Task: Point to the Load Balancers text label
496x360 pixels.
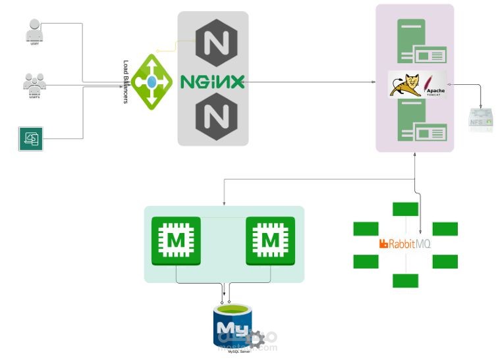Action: click(x=126, y=82)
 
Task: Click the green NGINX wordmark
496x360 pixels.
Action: click(x=213, y=82)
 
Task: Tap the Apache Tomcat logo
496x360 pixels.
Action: click(x=417, y=85)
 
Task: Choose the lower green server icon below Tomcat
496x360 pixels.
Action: click(x=415, y=125)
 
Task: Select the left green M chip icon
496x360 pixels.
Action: click(x=176, y=241)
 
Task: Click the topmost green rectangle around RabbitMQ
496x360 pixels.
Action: click(x=405, y=209)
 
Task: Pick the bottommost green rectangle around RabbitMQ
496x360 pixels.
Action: click(x=405, y=280)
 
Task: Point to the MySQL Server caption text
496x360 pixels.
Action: click(x=240, y=352)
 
